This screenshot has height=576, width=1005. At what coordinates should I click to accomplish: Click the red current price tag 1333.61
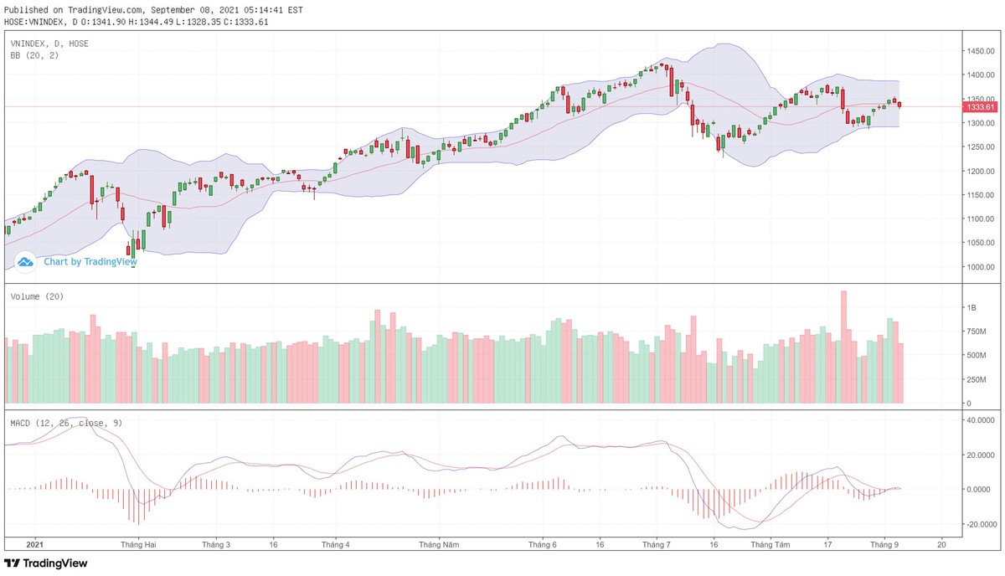click(x=980, y=107)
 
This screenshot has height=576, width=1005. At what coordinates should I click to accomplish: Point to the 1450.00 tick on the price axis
click(x=979, y=51)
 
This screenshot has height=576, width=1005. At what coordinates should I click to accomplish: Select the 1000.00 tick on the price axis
click(x=979, y=267)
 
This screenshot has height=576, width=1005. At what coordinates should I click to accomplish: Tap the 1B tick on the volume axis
click(x=971, y=308)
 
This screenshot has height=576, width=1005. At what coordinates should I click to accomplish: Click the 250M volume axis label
click(x=976, y=379)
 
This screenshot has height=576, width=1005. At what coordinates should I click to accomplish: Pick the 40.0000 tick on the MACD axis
click(x=981, y=420)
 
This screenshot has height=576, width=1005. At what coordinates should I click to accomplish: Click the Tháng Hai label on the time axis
click(x=138, y=544)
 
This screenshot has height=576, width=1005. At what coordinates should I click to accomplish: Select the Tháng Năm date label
click(x=440, y=544)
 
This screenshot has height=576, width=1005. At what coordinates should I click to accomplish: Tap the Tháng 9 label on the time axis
click(x=885, y=544)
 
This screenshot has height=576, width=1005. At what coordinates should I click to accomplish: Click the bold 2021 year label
click(x=34, y=544)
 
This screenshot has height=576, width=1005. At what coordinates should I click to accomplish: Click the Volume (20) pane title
click(x=37, y=296)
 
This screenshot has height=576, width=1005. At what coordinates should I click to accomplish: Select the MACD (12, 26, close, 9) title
click(x=66, y=423)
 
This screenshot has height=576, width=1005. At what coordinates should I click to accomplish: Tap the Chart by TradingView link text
click(x=90, y=261)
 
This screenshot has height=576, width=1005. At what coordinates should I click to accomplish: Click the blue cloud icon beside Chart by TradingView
click(x=25, y=261)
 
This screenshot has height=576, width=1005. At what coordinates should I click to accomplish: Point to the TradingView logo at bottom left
click(x=46, y=563)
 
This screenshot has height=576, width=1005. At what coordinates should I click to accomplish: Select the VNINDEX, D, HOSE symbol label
click(x=49, y=43)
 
